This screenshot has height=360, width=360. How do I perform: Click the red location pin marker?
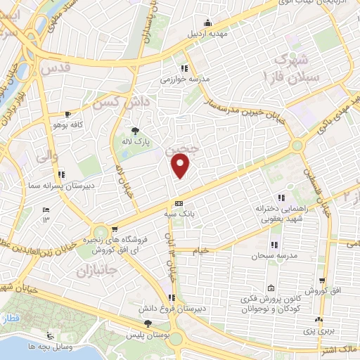click(x=181, y=166)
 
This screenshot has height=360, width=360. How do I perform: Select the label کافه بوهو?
click(x=63, y=124)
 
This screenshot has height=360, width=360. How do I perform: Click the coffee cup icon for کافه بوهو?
click(x=67, y=113)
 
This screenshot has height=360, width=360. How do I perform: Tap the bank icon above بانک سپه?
click(x=178, y=202)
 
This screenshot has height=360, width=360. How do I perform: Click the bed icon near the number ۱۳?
click(x=46, y=210)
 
